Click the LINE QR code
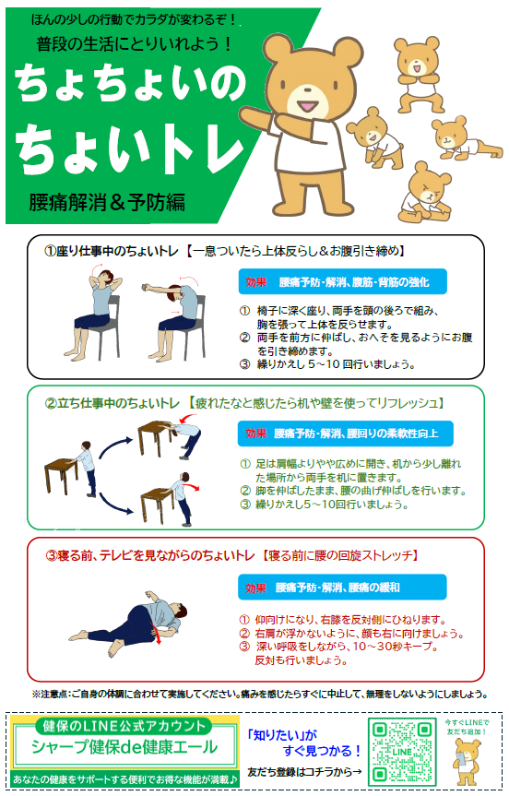point(402,751)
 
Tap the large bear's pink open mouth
point(307,106)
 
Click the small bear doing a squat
point(418,75)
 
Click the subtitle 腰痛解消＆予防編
point(107,202)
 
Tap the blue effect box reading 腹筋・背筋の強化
point(342,281)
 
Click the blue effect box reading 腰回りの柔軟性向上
point(346,434)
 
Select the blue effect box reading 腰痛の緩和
point(342,588)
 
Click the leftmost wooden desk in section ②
point(62,476)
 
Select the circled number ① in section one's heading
point(50,251)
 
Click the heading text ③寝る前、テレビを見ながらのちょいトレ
point(150,555)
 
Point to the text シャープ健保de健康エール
point(124,747)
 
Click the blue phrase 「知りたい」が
point(281,735)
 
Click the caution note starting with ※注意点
point(260,694)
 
